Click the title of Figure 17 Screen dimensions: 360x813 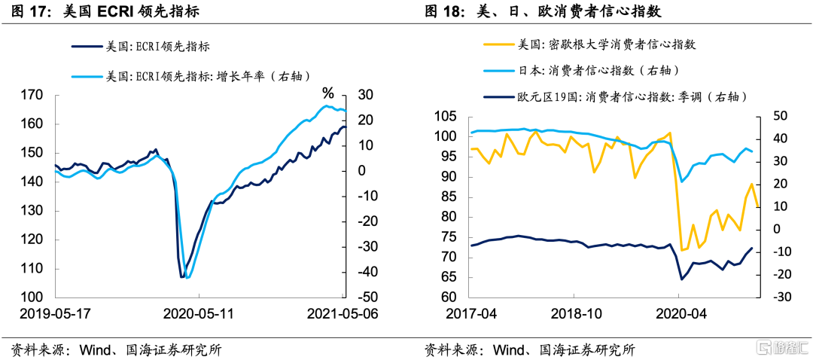pyautogui.click(x=105, y=12)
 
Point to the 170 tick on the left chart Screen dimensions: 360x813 pyautogui.click(x=32, y=96)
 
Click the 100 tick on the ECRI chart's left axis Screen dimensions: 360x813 pyautogui.click(x=32, y=297)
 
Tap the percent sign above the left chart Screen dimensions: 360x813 pyautogui.click(x=327, y=93)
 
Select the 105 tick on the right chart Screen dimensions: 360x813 pyautogui.click(x=444, y=117)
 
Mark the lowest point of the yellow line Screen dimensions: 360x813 pyautogui.click(x=681, y=250)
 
